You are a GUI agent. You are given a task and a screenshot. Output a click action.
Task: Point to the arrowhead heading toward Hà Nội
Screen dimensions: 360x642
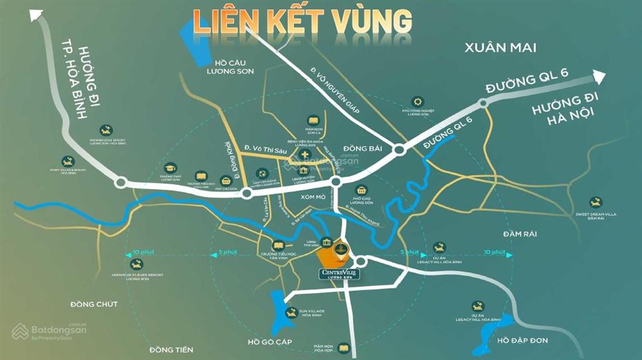point(598,77)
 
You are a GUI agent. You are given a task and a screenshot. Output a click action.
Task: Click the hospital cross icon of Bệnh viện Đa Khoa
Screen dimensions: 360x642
point(305,155)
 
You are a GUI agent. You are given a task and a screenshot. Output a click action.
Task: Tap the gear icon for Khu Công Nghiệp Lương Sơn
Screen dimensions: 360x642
point(417,102)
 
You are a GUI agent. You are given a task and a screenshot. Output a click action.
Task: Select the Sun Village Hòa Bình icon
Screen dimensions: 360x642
point(290,312)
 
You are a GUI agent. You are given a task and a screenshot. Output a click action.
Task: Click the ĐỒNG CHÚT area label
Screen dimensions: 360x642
point(94,304)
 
